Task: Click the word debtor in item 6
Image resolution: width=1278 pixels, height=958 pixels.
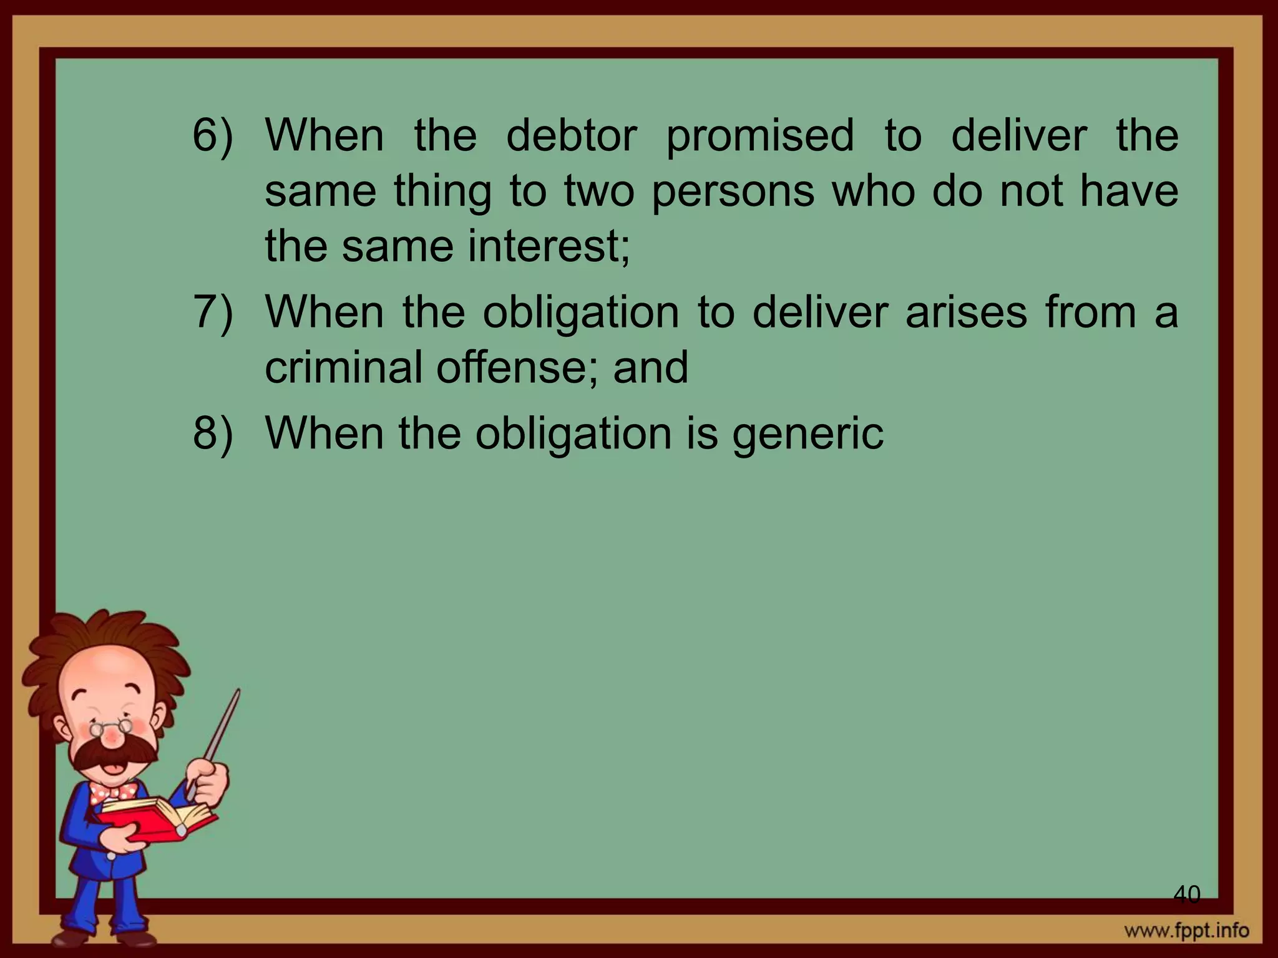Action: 571,135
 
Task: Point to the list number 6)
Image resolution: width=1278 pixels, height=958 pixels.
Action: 212,136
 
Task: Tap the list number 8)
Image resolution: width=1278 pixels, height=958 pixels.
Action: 212,433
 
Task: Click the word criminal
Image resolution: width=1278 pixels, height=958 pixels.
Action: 344,367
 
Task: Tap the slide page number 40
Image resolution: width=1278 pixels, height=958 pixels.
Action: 1186,894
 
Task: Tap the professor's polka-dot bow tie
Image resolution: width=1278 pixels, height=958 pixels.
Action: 112,793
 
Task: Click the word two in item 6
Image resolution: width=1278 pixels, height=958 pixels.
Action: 598,191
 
